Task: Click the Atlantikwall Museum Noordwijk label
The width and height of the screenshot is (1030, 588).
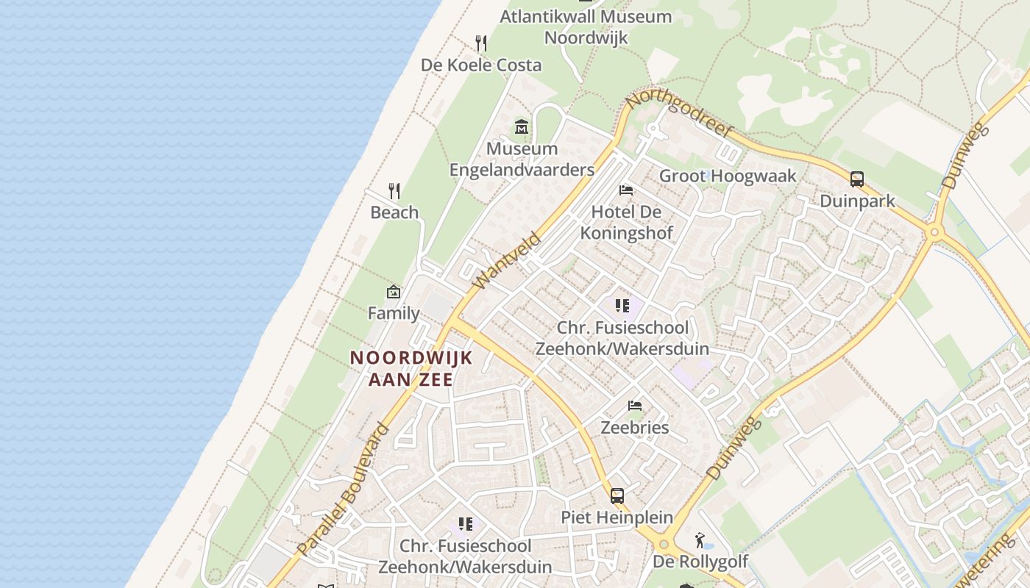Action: coord(586,26)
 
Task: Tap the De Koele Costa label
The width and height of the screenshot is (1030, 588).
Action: coord(481,65)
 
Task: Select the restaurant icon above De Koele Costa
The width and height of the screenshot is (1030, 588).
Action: coord(481,43)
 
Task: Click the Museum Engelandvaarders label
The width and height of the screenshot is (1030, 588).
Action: coord(522,159)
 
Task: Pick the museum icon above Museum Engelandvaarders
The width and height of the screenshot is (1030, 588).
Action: coord(522,126)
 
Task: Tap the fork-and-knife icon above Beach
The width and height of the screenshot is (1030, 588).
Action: coord(394,191)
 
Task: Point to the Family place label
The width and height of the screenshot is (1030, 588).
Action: coord(394,313)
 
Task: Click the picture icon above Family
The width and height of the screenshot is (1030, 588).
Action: coord(394,292)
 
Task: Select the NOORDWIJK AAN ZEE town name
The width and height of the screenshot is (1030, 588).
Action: coord(411,368)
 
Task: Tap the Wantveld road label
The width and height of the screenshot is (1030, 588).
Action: coord(508,260)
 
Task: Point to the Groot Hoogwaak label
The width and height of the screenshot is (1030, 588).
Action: coord(728,176)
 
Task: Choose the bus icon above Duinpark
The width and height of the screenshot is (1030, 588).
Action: coord(857,179)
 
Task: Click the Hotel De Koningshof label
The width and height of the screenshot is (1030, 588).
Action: coord(626,222)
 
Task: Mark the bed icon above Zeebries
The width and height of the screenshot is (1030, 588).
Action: coord(635,406)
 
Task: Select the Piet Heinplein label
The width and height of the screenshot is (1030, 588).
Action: coord(617,517)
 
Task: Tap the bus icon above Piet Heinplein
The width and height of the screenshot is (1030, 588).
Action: coord(617,496)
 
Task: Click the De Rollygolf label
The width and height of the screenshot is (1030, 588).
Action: coord(700,562)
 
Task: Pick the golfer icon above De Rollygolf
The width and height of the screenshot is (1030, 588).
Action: coord(700,541)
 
